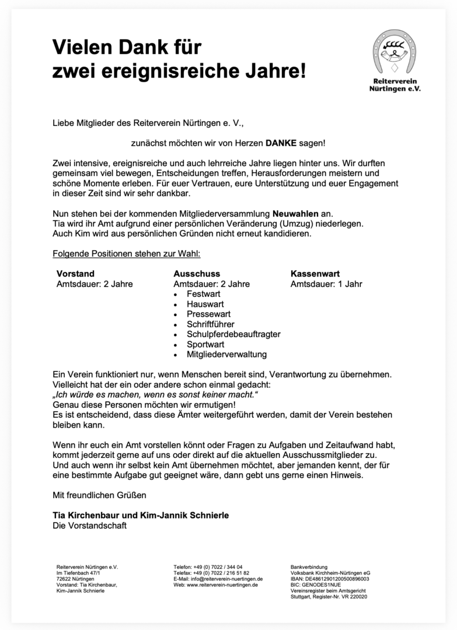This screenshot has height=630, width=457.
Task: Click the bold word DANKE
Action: click(281, 142)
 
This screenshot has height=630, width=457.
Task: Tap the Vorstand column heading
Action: click(75, 274)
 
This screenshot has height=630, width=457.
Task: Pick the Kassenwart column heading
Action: click(315, 274)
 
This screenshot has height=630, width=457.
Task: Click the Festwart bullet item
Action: click(203, 295)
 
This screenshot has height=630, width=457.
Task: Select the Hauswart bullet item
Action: click(205, 304)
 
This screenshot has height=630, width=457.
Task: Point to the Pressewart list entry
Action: click(208, 314)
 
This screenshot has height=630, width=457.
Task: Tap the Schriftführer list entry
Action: click(211, 324)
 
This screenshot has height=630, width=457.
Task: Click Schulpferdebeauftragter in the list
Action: click(233, 334)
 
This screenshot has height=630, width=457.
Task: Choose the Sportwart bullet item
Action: click(205, 344)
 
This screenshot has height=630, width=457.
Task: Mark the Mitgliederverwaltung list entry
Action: click(226, 354)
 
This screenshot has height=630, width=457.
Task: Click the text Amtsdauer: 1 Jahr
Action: click(326, 284)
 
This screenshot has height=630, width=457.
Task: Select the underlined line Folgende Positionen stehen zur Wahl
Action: click(127, 254)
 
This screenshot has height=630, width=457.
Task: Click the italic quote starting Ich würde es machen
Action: click(155, 395)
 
